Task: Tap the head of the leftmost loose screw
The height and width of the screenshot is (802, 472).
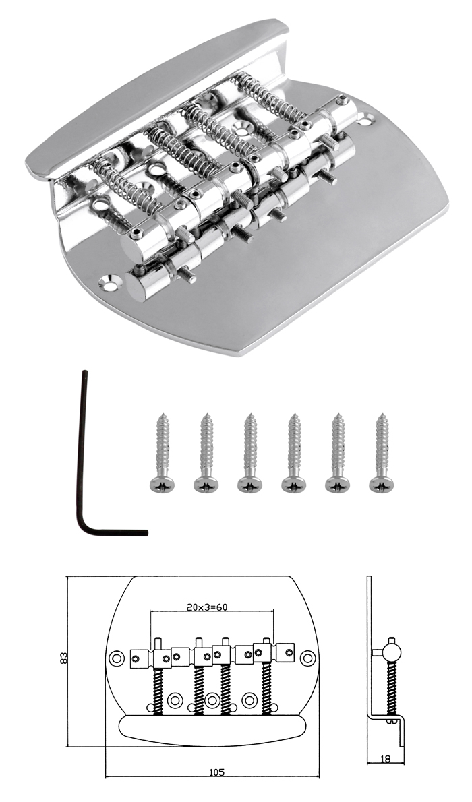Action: (x=162, y=483)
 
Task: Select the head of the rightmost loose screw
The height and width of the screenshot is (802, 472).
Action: (x=381, y=483)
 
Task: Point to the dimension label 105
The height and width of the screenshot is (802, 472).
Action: (x=217, y=772)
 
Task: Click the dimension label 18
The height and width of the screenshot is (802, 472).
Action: (x=385, y=759)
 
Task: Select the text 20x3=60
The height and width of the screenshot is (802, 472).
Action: (x=207, y=607)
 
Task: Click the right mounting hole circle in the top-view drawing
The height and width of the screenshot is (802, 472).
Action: (x=307, y=658)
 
